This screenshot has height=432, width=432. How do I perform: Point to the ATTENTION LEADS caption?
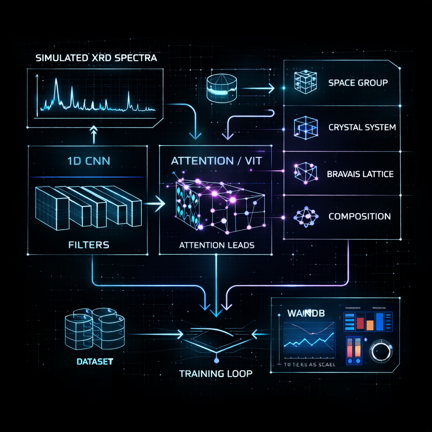[x=216, y=245]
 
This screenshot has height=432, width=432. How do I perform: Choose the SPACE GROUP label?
[x=358, y=82]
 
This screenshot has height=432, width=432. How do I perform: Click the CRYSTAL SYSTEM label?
[x=362, y=127]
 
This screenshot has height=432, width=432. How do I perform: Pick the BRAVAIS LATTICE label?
[x=360, y=173]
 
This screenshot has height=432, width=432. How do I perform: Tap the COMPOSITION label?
[x=359, y=216]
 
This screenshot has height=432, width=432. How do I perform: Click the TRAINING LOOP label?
[x=216, y=374]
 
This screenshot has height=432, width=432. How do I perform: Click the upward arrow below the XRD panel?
[x=94, y=135]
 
